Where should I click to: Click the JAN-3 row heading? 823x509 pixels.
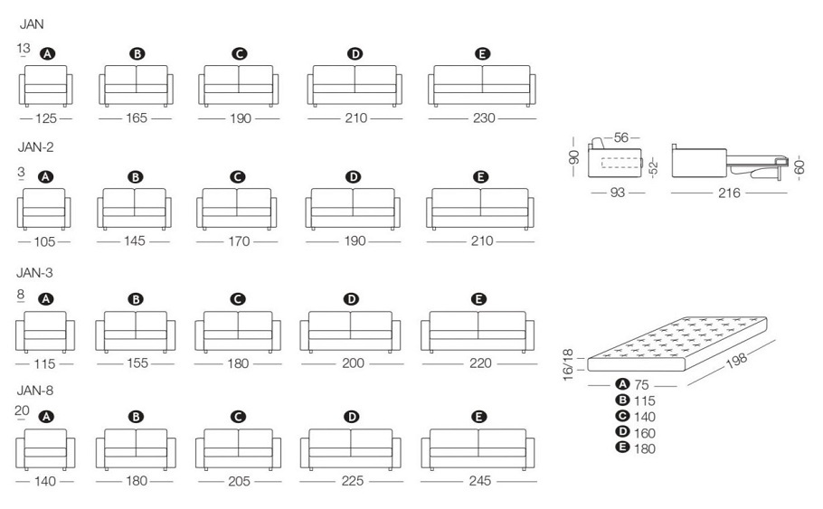point(34,273)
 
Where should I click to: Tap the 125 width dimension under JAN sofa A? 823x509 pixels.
point(45,118)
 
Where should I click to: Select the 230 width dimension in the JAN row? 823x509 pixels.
point(484,118)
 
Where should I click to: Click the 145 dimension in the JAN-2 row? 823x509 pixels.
point(135,240)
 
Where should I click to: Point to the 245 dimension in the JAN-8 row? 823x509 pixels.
point(479,481)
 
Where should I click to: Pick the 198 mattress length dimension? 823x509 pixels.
point(736,361)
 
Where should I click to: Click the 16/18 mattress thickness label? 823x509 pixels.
point(568,364)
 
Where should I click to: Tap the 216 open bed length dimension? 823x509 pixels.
point(729,193)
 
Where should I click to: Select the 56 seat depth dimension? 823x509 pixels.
point(621,137)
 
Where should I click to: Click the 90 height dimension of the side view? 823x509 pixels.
point(573,156)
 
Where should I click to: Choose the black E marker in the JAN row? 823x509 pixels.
point(482,53)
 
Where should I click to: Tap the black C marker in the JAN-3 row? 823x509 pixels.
point(238,299)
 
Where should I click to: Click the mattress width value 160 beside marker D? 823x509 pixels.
point(645,433)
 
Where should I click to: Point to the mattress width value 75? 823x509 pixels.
point(641,384)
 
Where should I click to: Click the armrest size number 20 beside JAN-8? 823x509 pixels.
point(22,410)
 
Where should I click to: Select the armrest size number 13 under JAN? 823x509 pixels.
point(24,48)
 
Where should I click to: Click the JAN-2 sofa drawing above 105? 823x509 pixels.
point(44,209)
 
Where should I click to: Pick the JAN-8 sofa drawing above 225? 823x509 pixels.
point(351,449)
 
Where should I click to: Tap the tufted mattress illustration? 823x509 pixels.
point(677,344)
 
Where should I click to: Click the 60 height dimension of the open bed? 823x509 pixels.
point(799,167)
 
